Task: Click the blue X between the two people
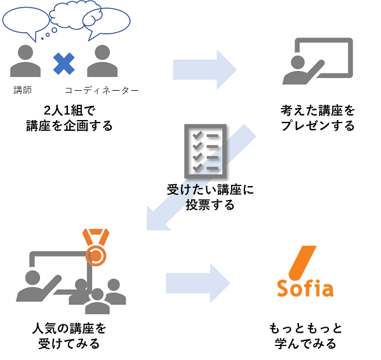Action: point(63,63)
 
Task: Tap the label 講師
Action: point(22,90)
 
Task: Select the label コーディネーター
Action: point(102,90)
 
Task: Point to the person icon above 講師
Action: point(25,60)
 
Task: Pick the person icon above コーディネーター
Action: point(102,60)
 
